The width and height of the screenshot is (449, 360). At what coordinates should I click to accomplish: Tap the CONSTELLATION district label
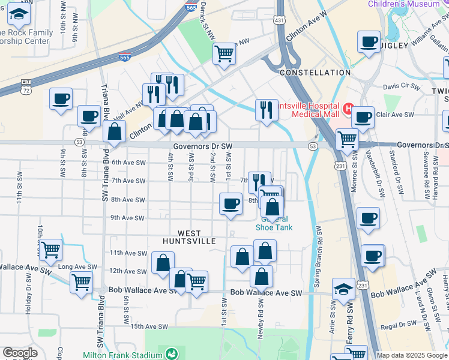(x=315, y=73)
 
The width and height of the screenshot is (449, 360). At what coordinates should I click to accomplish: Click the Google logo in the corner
(x=20, y=353)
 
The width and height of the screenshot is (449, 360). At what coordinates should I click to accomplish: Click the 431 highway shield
(x=280, y=20)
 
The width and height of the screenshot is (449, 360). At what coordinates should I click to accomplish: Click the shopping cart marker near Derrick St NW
(x=224, y=54)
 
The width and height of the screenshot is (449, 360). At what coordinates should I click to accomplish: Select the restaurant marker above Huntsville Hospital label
(x=267, y=110)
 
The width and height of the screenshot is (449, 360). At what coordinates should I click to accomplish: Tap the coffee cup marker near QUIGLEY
(x=369, y=43)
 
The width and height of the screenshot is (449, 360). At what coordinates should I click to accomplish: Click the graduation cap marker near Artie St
(x=344, y=290)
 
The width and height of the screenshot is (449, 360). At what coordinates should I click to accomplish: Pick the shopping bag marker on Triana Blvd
(x=114, y=132)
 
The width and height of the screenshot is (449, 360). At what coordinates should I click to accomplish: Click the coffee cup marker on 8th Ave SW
(x=231, y=204)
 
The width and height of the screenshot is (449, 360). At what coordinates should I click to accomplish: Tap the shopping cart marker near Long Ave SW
(x=50, y=249)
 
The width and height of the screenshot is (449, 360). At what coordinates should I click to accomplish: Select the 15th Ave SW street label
(x=148, y=326)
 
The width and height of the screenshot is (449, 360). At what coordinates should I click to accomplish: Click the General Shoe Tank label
(x=274, y=223)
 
